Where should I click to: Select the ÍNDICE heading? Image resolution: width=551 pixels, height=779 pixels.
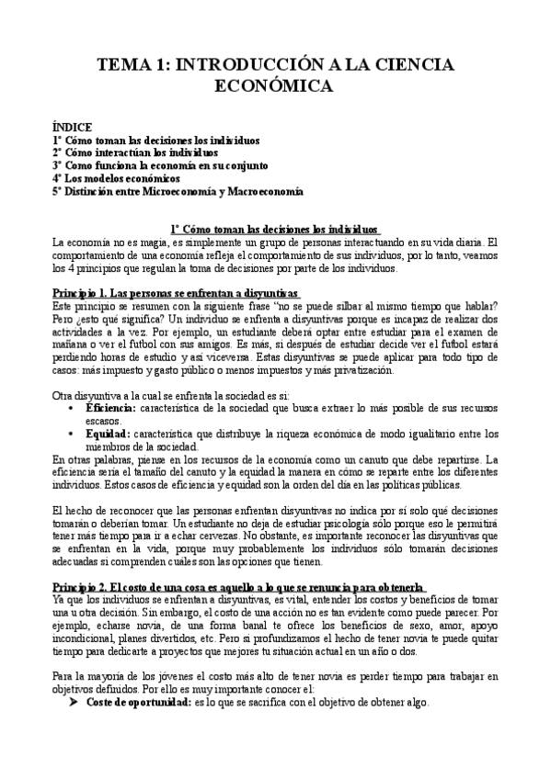point(71,128)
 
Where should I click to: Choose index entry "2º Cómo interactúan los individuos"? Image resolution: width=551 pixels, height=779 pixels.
point(135,153)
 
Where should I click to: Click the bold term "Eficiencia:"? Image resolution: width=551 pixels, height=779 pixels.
point(110,405)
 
